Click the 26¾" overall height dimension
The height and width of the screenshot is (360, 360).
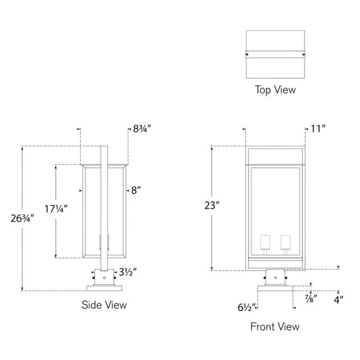pyautogui.click(x=22, y=218)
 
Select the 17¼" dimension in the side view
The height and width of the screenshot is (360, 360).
pyautogui.click(x=56, y=209)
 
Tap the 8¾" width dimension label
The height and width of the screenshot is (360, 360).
pyautogui.click(x=142, y=129)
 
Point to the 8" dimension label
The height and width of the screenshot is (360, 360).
pyautogui.click(x=136, y=190)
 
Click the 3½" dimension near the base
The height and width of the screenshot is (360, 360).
pyautogui.click(x=128, y=272)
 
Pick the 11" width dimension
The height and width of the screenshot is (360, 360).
pyautogui.click(x=318, y=129)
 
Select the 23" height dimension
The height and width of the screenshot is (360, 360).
pyautogui.click(x=212, y=205)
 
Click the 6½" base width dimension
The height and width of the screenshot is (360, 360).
pyautogui.click(x=246, y=307)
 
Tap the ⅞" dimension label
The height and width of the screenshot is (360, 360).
pyautogui.click(x=311, y=299)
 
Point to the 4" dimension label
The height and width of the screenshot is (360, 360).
pyautogui.click(x=339, y=300)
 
